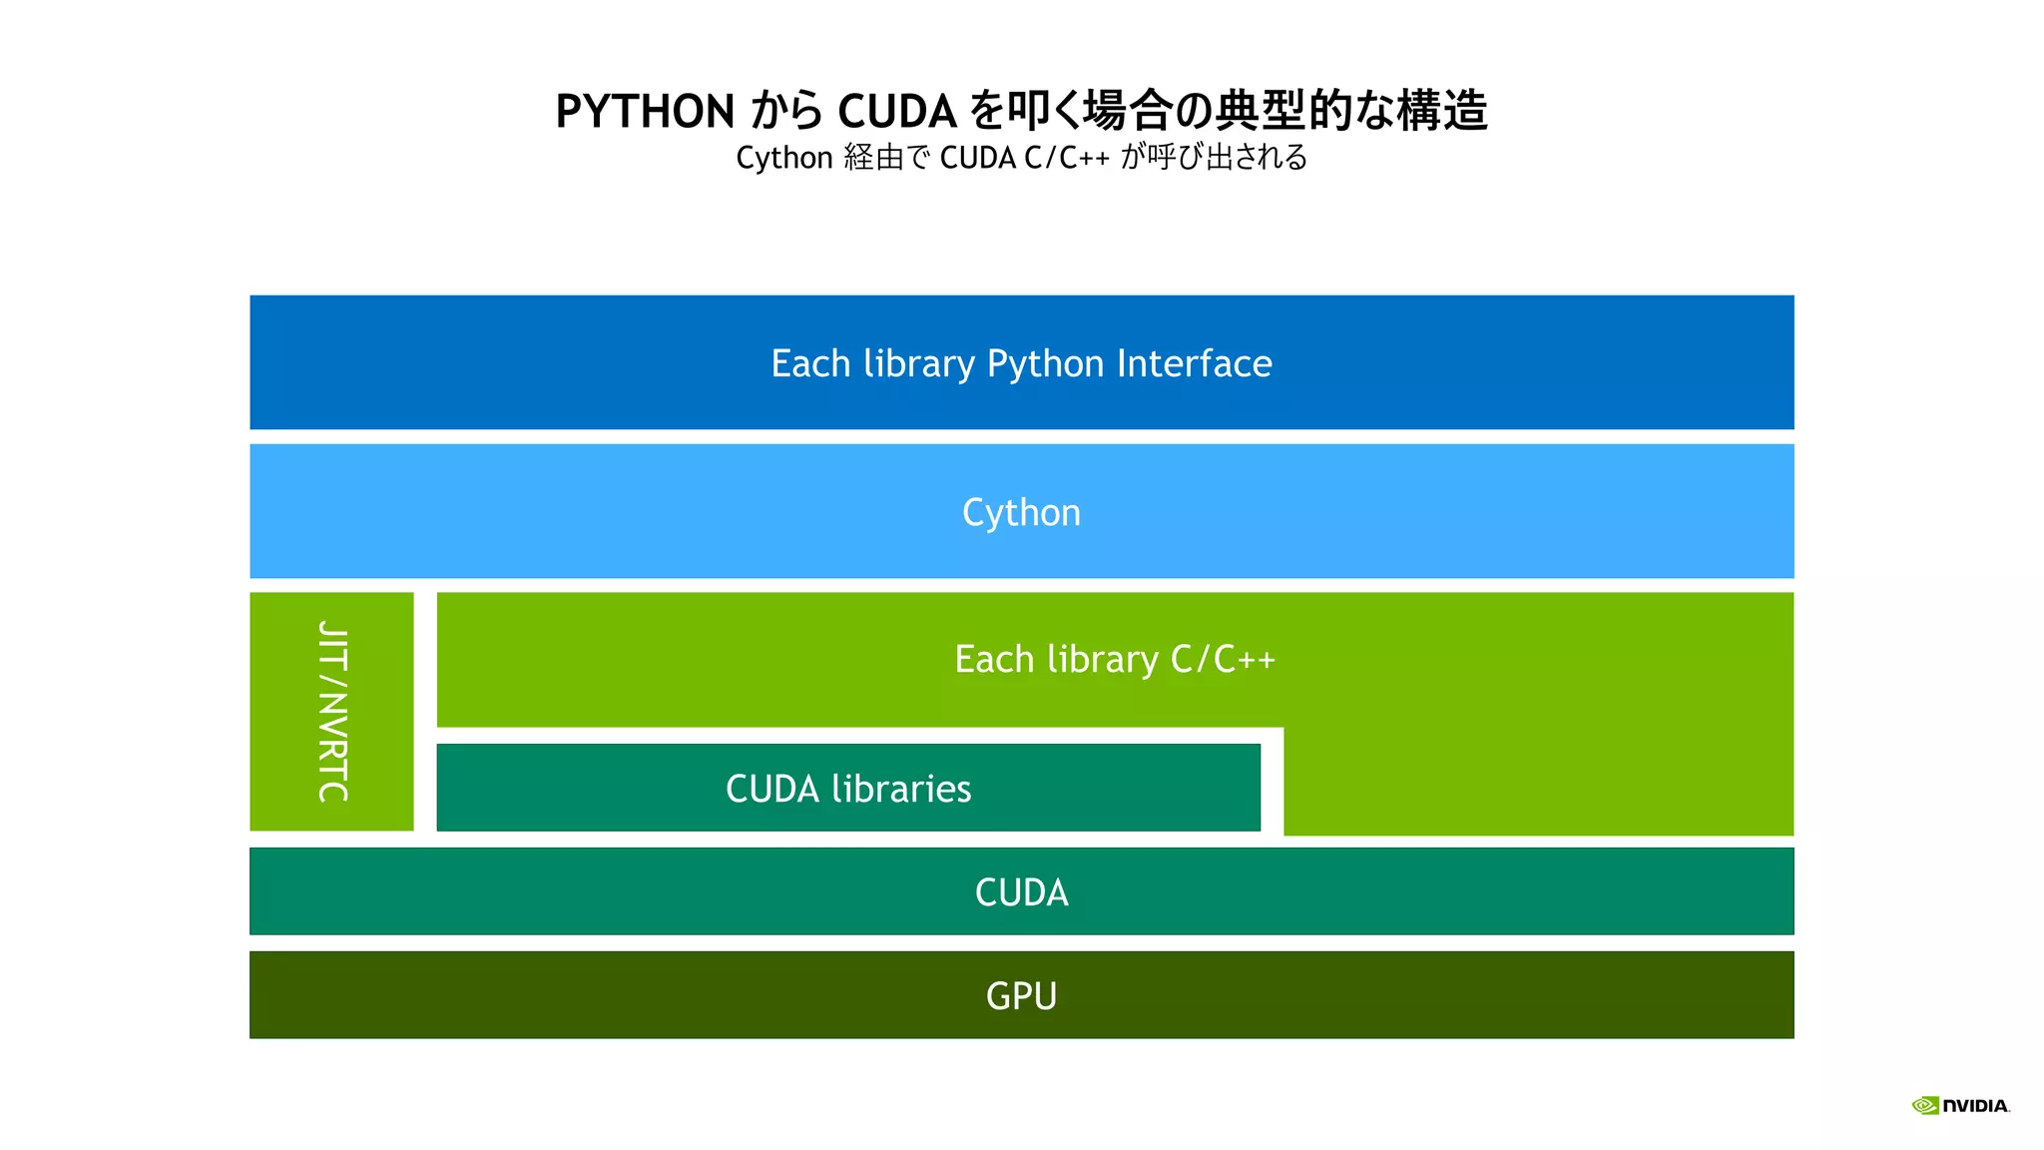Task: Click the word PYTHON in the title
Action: (645, 111)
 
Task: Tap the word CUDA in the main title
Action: (897, 111)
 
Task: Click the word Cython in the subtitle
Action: (783, 158)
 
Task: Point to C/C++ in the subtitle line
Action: (1066, 158)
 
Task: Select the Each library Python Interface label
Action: (1021, 363)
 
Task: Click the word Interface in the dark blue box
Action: (1194, 363)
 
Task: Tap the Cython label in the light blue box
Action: (1021, 512)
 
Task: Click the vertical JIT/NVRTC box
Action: (332, 711)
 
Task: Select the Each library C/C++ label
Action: (1115, 659)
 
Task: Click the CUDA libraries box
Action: (848, 788)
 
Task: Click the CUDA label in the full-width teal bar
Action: (1021, 891)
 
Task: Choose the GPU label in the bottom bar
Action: (1021, 995)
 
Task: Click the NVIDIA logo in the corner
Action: (1960, 1105)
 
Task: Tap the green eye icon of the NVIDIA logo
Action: (1924, 1105)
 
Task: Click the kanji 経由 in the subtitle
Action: (873, 158)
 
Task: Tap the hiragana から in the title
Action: (786, 111)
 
